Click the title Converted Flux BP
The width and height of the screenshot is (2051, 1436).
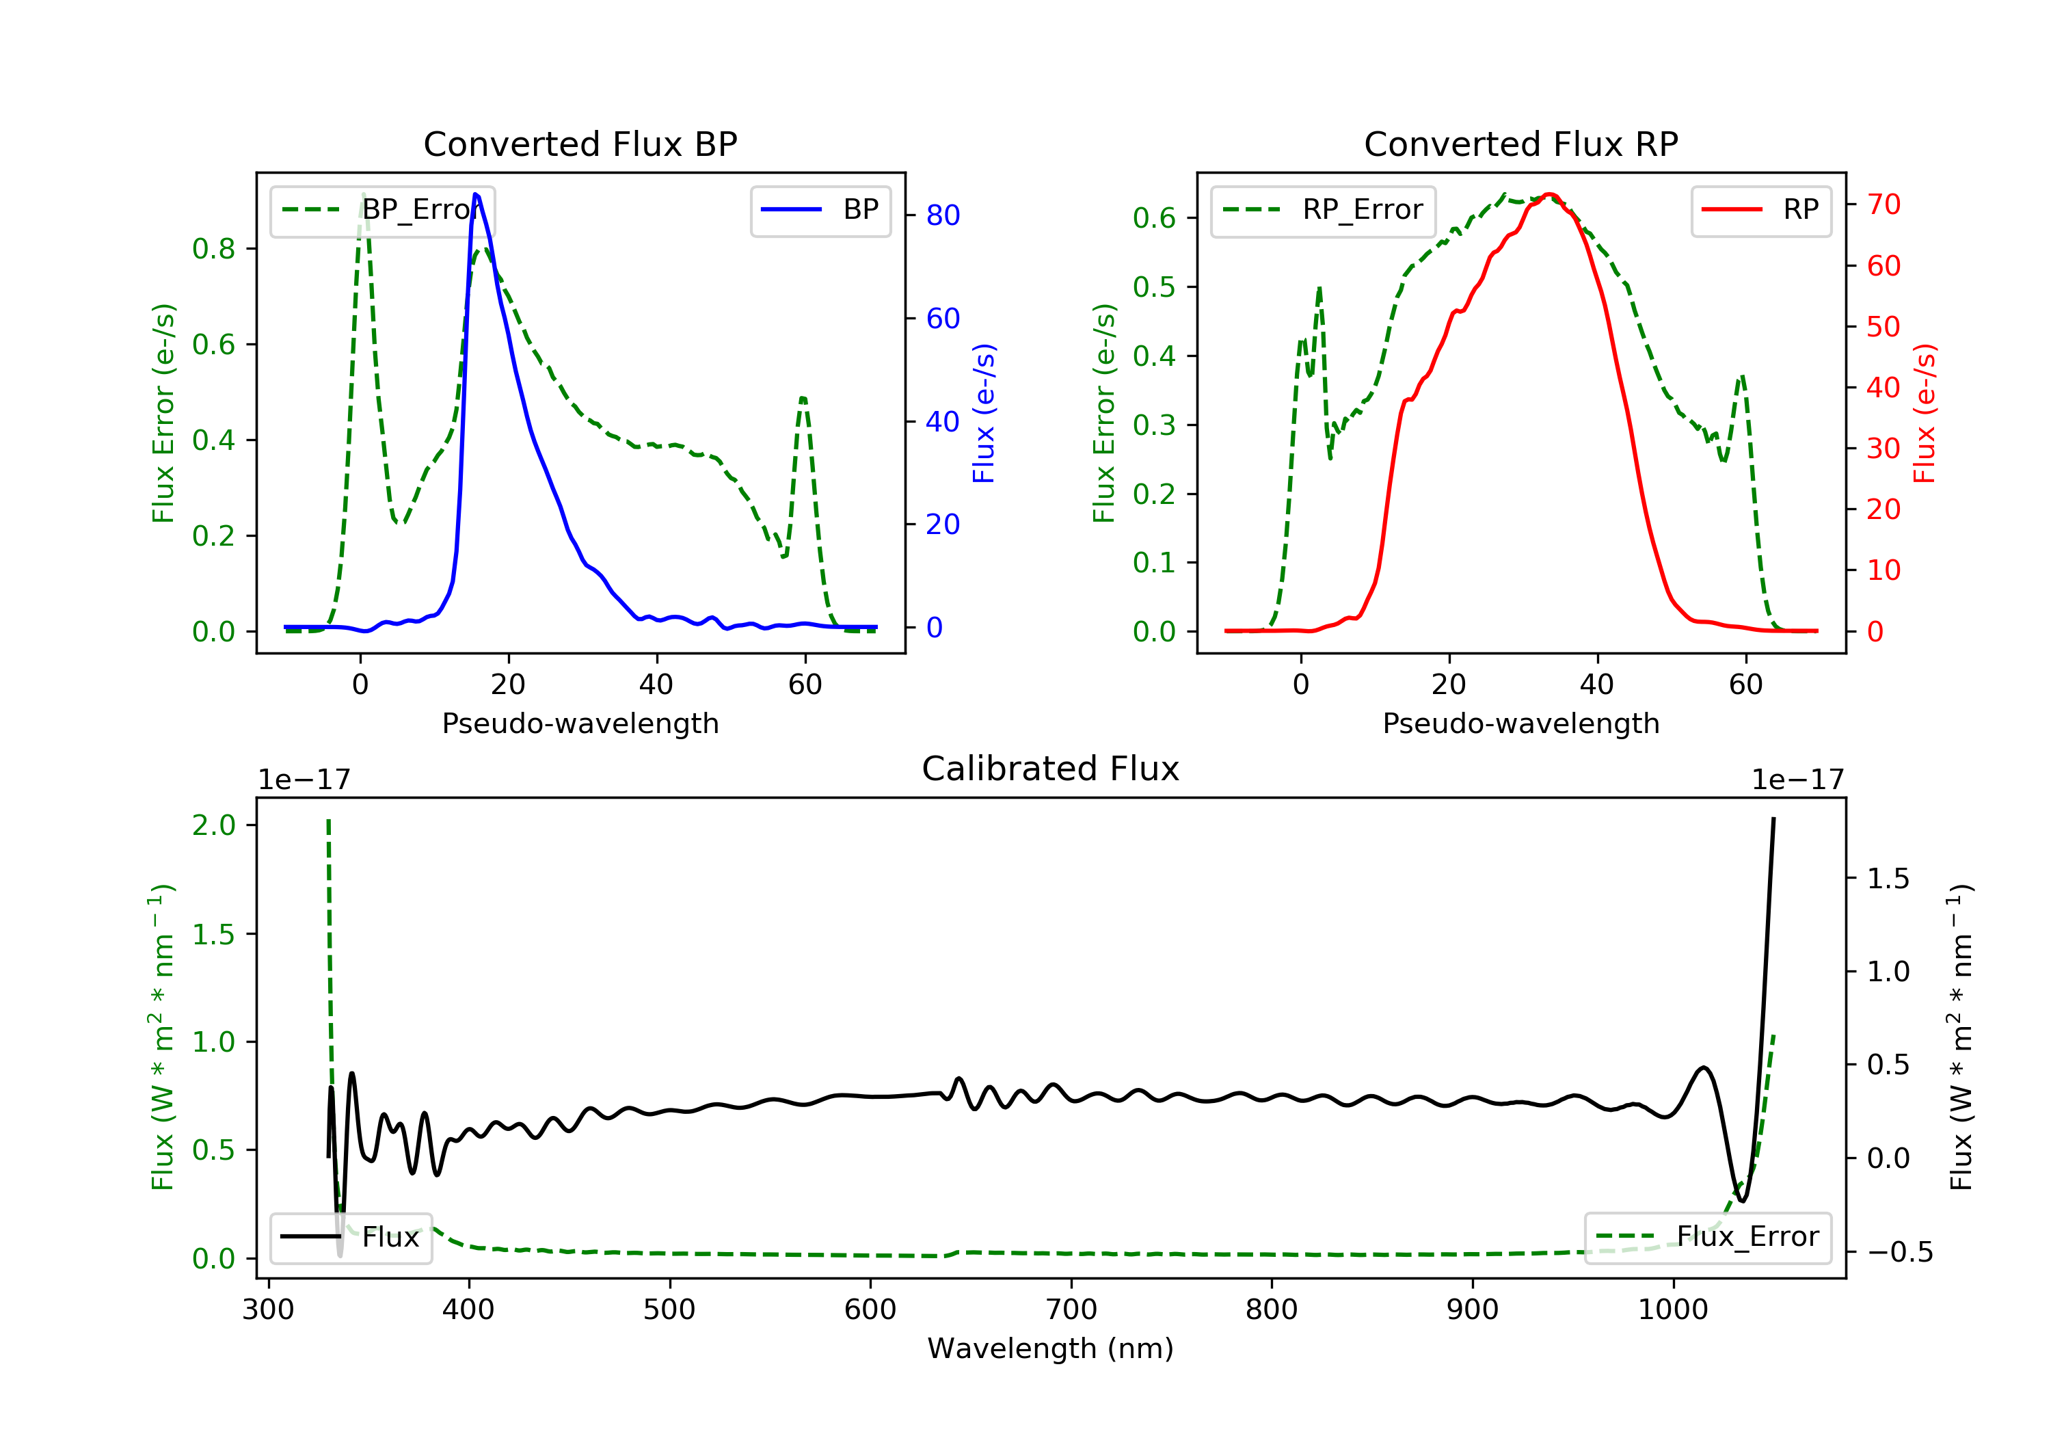(580, 144)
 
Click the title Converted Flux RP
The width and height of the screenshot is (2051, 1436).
(1520, 144)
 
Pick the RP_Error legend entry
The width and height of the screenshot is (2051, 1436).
(1323, 210)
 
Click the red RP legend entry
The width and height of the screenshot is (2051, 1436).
(1760, 210)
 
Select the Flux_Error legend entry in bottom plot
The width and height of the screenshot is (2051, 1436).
(1707, 1237)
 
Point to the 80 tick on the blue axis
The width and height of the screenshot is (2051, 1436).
(942, 215)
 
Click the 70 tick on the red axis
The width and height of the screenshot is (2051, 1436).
(1883, 204)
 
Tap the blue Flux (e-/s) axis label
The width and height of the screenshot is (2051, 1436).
(984, 413)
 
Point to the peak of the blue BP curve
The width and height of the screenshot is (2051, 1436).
(476, 194)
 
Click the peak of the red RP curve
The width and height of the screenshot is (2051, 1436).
(1549, 194)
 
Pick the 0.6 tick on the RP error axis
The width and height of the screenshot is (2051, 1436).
(1153, 218)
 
